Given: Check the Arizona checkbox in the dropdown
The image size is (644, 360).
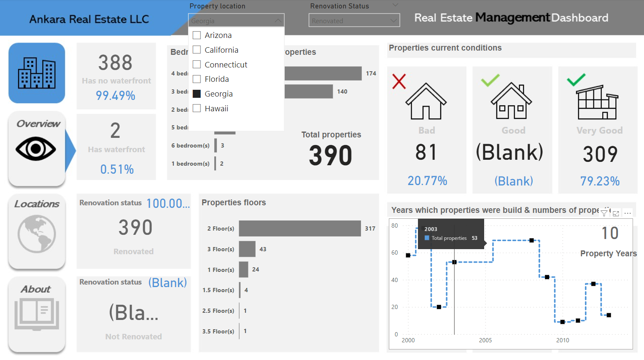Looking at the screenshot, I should tap(197, 35).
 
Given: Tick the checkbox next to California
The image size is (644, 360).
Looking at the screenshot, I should tap(197, 50).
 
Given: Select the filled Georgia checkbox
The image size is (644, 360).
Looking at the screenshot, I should tap(197, 94).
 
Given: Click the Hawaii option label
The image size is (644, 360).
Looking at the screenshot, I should tap(216, 109).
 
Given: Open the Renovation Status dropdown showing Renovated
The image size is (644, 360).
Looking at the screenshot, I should tap(354, 21).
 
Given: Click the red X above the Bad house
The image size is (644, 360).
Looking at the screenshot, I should tap(399, 81).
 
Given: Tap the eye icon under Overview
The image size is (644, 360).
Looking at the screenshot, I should tap(36, 149).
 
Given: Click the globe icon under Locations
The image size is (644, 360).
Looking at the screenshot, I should tap(37, 234).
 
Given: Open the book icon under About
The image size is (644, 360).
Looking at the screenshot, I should tap(37, 314).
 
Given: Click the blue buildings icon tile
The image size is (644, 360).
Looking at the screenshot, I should tap(37, 73).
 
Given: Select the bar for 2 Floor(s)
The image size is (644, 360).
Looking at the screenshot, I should tap(300, 228).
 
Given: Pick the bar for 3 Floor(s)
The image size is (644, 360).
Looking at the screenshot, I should tap(247, 249).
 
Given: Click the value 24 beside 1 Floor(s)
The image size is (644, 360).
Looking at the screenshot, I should tap(256, 269).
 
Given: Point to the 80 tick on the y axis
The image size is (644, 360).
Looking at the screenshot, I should tap(395, 226).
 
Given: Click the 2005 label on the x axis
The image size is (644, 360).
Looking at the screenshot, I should tap(485, 340).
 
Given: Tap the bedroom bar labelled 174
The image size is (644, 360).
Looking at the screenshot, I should tap(323, 73).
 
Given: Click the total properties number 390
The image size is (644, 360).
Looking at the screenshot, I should tap(330, 156).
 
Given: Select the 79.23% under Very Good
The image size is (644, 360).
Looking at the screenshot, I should tap(600, 181).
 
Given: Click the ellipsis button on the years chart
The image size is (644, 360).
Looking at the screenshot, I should tap(628, 213).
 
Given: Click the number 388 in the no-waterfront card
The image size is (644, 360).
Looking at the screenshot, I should tap(116, 63).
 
